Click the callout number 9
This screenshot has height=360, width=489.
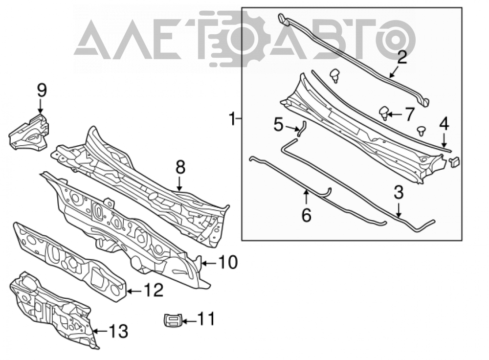tap(42, 90)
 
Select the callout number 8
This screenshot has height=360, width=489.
tap(180, 167)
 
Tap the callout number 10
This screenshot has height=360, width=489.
tap(228, 262)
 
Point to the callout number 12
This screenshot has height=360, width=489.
tap(153, 290)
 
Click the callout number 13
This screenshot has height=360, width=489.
tap(118, 331)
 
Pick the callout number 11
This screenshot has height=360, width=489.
tap(206, 319)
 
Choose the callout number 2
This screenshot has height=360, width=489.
tap(402, 58)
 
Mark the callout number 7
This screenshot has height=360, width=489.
tap(409, 114)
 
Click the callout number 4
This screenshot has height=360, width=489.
tap(444, 124)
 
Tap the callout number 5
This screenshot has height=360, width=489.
tap(279, 125)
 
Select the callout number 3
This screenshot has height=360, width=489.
tap(399, 193)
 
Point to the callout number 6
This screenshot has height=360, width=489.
tap(307, 215)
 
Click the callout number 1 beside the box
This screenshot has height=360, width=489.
tap(232, 119)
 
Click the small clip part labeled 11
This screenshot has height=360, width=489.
tap(173, 321)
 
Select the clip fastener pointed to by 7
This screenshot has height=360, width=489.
tap(384, 113)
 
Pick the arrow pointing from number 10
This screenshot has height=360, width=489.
tap(210, 264)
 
